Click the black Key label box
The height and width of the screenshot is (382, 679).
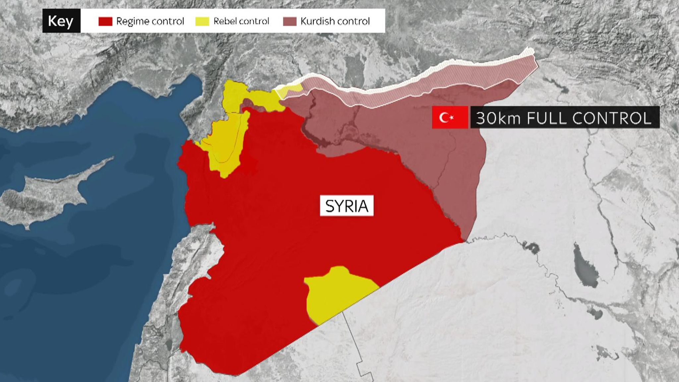click(x=61, y=21)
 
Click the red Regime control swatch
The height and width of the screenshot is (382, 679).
click(x=105, y=21)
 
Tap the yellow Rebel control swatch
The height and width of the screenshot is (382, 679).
click(x=202, y=21)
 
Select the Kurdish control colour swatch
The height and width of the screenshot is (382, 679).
click(x=289, y=21)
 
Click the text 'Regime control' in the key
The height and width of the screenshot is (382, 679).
click(x=150, y=21)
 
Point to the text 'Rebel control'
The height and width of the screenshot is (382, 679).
click(x=241, y=21)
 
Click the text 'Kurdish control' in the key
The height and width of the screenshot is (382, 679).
click(x=335, y=21)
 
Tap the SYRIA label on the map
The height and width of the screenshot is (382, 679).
click(x=346, y=206)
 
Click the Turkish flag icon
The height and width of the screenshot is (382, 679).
click(x=450, y=117)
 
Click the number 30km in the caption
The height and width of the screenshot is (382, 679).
click(x=498, y=118)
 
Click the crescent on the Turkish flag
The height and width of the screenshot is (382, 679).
click(x=444, y=117)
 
